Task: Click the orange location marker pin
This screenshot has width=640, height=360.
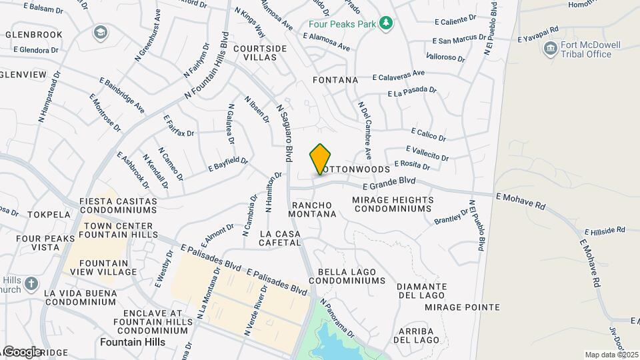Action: (321, 159)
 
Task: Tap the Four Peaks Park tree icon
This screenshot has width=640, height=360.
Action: (385, 24)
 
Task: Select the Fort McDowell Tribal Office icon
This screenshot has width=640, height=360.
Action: (550, 48)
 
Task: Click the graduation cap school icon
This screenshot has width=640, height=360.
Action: (100, 32)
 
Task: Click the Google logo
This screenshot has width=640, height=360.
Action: (22, 351)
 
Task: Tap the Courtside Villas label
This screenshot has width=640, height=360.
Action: (260, 53)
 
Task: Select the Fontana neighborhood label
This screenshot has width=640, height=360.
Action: (335, 80)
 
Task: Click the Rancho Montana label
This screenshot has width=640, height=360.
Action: (312, 209)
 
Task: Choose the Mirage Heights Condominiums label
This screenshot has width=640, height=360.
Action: (393, 204)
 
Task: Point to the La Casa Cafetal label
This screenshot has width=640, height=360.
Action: (280, 238)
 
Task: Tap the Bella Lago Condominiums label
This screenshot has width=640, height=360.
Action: (351, 277)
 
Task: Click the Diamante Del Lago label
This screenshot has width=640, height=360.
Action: (421, 291)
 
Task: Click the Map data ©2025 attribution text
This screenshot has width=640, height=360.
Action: (611, 355)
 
